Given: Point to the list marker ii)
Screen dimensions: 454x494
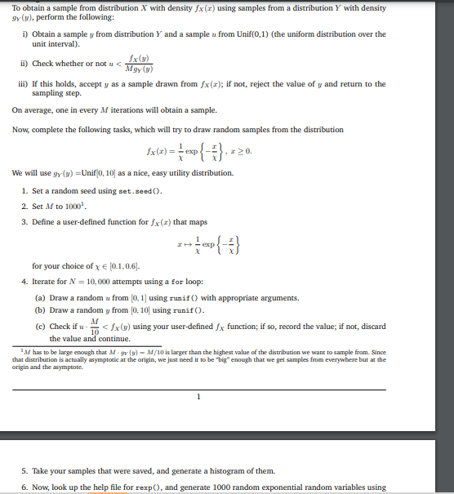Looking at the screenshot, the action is pyautogui.click(x=25, y=64).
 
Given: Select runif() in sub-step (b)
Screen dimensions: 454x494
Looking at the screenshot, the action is pyautogui.click(x=185, y=310).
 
